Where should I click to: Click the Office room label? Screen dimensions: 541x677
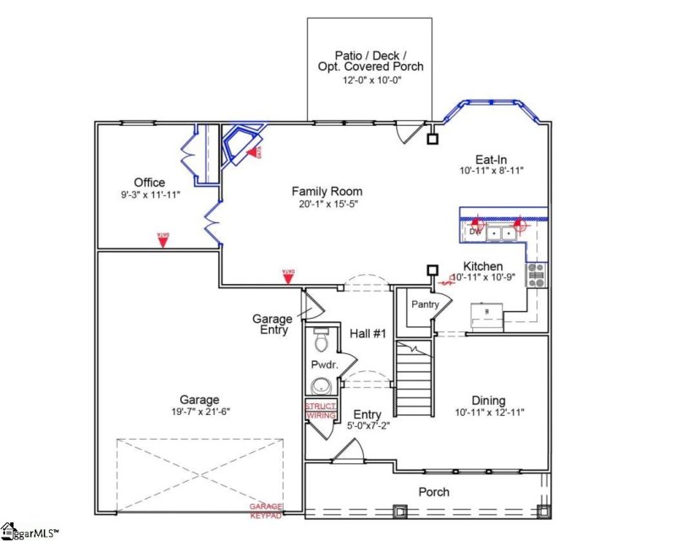pyautogui.click(x=149, y=183)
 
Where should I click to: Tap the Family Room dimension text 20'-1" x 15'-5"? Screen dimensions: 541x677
pyautogui.click(x=327, y=204)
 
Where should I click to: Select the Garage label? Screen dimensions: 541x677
pyautogui.click(x=199, y=400)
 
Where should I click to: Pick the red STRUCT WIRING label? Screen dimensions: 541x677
pyautogui.click(x=320, y=411)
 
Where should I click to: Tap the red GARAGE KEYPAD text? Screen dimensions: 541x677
pyautogui.click(x=265, y=510)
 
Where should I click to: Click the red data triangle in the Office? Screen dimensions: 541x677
pyautogui.click(x=162, y=241)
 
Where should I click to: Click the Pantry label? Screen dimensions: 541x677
pyautogui.click(x=423, y=303)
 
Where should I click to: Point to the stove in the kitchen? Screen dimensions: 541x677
pyautogui.click(x=537, y=274)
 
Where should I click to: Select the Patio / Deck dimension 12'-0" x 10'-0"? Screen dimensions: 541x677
pyautogui.click(x=371, y=80)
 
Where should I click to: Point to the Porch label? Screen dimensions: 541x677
pyautogui.click(x=434, y=492)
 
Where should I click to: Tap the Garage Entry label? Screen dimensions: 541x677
pyautogui.click(x=272, y=325)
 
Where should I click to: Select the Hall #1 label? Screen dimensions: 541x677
pyautogui.click(x=368, y=334)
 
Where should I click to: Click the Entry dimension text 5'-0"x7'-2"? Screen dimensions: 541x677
pyautogui.click(x=367, y=427)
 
